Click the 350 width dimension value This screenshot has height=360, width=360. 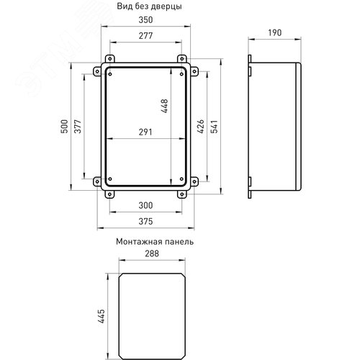145,20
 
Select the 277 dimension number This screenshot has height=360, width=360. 145,36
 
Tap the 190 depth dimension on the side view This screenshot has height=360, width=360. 274,32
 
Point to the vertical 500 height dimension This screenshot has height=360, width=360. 64,126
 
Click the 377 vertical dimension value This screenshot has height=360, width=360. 78,126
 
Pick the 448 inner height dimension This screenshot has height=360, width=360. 165,106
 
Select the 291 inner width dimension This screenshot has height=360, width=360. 145,132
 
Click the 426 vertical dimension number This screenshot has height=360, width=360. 200,126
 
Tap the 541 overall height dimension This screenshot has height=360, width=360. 214,126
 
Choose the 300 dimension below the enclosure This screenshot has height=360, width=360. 145,205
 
